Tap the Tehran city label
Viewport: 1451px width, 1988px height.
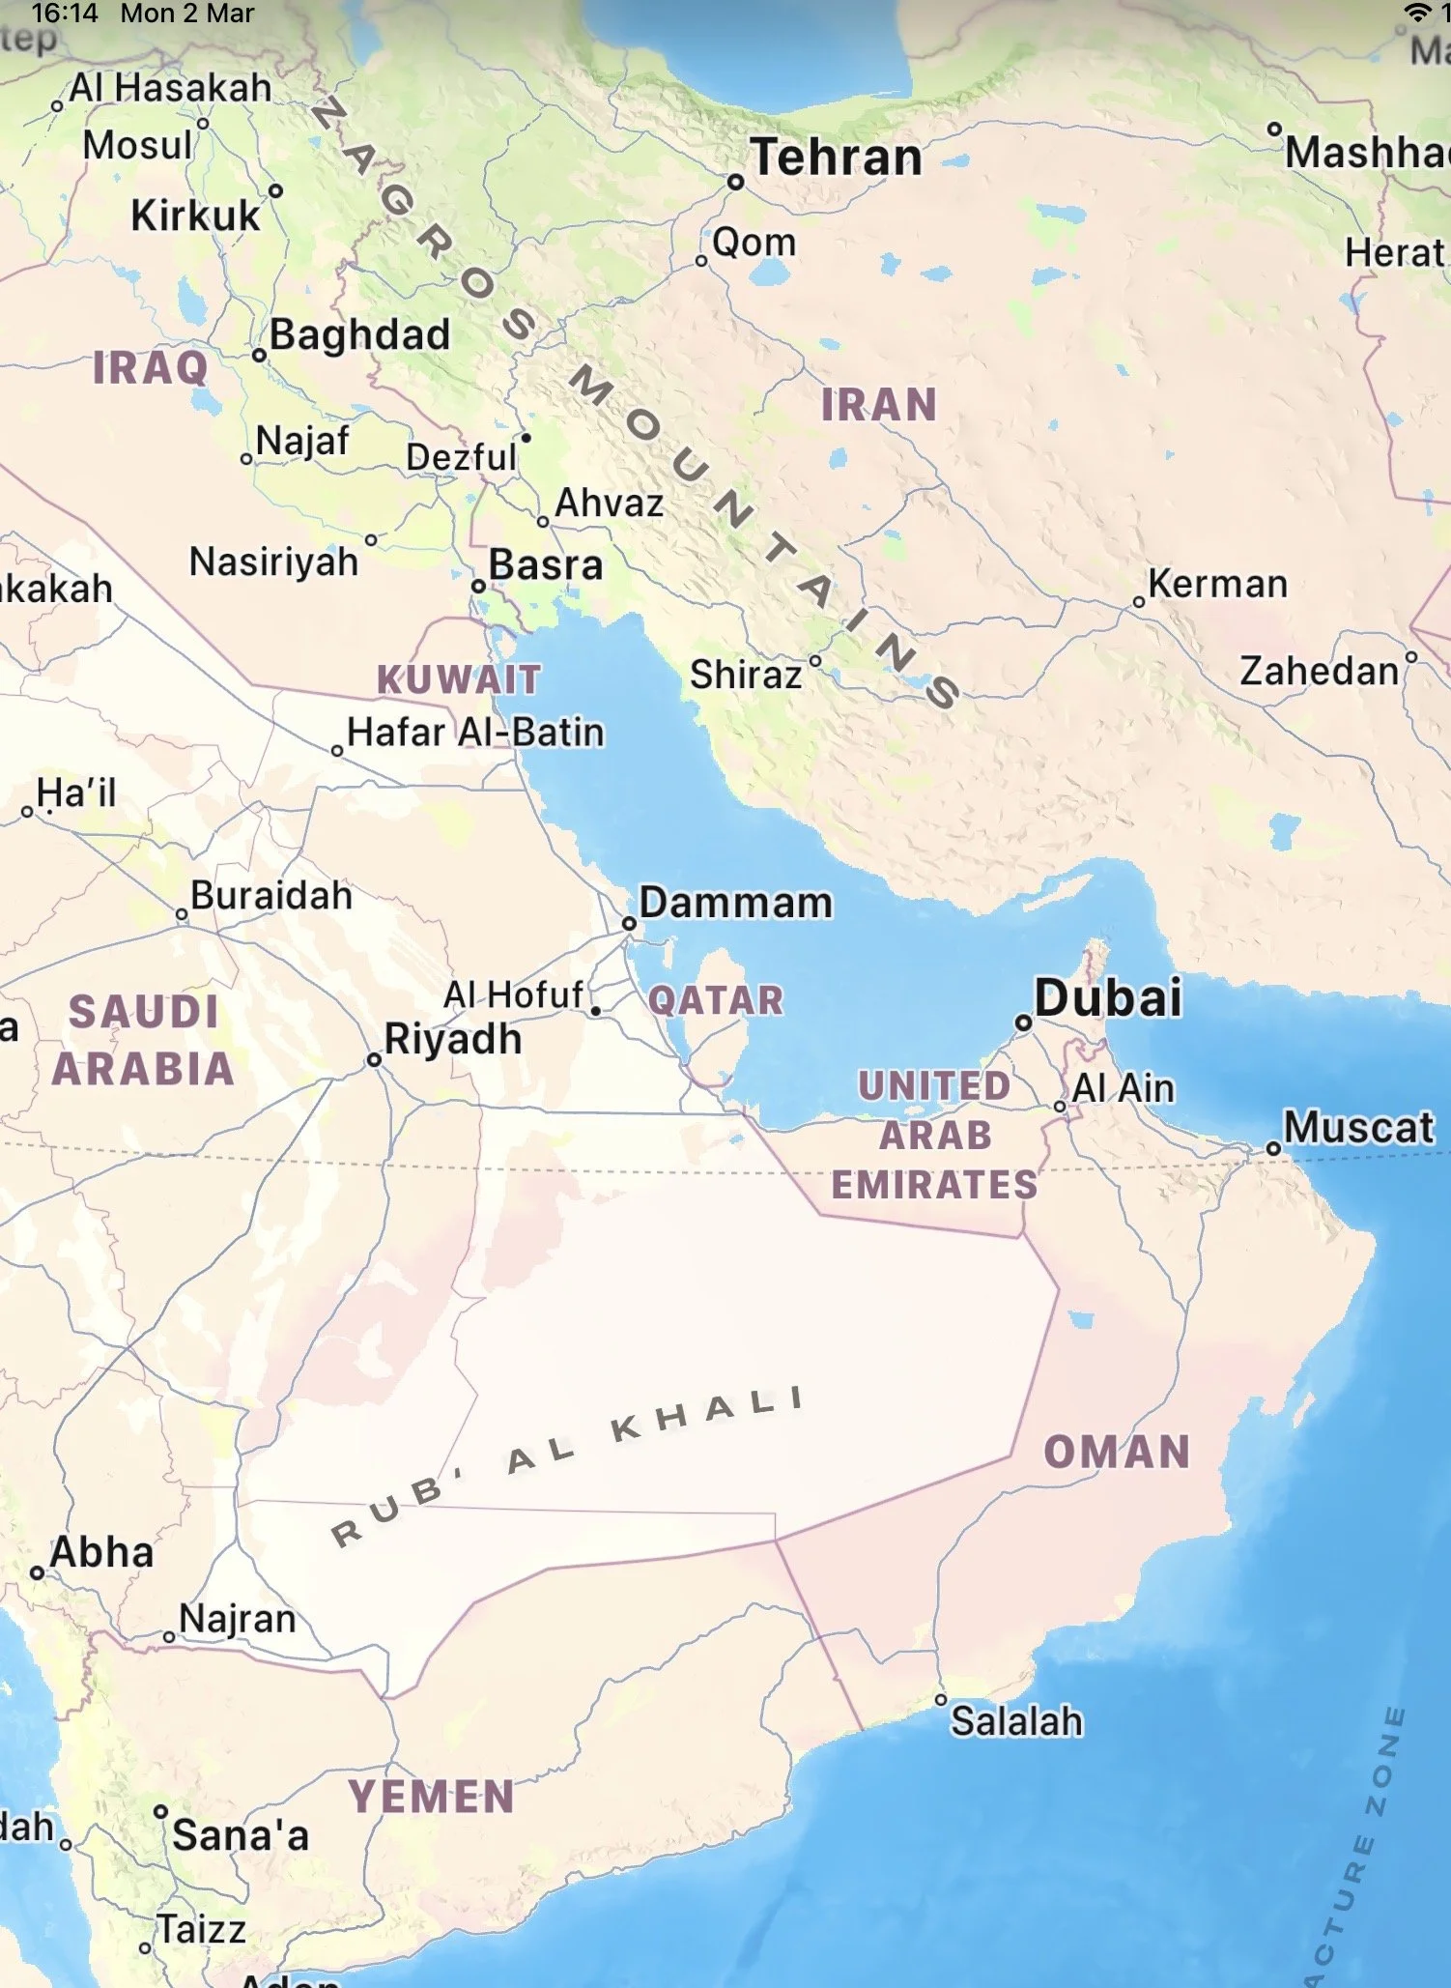(x=837, y=158)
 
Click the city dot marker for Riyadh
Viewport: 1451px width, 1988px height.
(x=374, y=1060)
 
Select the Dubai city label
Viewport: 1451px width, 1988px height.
(x=1107, y=998)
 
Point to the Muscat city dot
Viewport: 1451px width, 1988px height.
(x=1273, y=1149)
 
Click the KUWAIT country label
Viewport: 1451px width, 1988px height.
(x=459, y=679)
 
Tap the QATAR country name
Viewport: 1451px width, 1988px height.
(x=716, y=1000)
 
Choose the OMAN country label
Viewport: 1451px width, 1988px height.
(x=1117, y=1452)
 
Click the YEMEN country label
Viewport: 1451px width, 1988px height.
(x=432, y=1797)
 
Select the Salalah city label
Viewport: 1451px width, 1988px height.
(x=1016, y=1721)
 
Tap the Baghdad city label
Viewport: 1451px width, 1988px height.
(x=359, y=335)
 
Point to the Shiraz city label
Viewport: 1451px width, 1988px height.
(x=746, y=675)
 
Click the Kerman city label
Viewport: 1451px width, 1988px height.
(x=1217, y=584)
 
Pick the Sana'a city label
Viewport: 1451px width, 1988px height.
(x=241, y=1835)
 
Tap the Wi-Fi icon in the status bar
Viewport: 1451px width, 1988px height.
(x=1417, y=13)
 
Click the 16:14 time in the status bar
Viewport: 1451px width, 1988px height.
(x=65, y=14)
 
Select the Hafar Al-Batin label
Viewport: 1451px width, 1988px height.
(x=475, y=733)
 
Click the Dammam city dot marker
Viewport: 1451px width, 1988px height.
(x=629, y=923)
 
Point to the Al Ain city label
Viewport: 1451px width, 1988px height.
(x=1123, y=1088)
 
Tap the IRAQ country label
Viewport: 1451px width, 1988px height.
(x=151, y=368)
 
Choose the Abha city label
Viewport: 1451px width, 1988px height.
(x=101, y=1553)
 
